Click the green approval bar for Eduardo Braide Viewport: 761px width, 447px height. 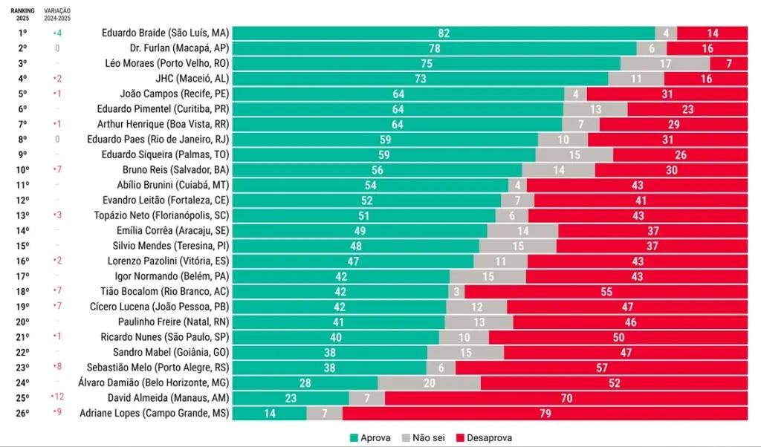pyautogui.click(x=444, y=33)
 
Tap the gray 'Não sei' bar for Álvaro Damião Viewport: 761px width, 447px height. pyautogui.click(x=429, y=382)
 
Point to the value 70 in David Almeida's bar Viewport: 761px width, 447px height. pyautogui.click(x=566, y=398)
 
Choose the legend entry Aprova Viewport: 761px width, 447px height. pyautogui.click(x=369, y=437)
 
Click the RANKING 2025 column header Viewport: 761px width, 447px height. pyautogui.click(x=23, y=14)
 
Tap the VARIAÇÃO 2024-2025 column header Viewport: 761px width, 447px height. pyautogui.click(x=57, y=14)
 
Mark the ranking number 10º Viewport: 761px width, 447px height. pyautogui.click(x=23, y=170)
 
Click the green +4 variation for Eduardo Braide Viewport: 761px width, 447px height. pyautogui.click(x=57, y=33)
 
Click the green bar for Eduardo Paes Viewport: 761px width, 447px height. pyautogui.click(x=385, y=140)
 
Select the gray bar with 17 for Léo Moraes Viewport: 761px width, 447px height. pyautogui.click(x=665, y=64)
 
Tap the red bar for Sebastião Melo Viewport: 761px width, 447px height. pyautogui.click(x=601, y=368)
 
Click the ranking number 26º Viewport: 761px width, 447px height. pyautogui.click(x=23, y=413)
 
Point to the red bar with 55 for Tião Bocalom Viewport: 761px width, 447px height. pyautogui.click(x=606, y=291)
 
